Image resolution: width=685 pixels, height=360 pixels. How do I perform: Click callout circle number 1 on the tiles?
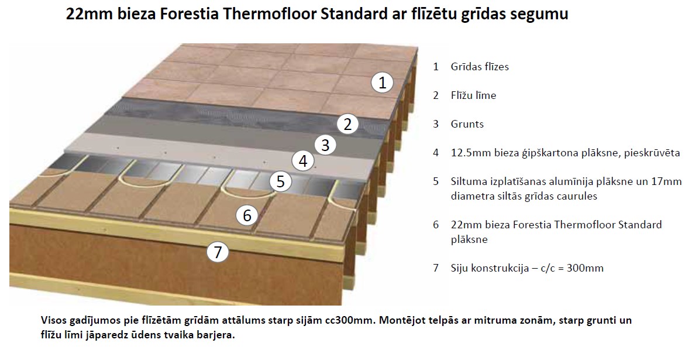382,82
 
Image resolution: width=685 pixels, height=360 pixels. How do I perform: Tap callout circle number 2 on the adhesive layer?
347,124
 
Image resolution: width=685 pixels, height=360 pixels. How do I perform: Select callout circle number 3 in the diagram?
325,145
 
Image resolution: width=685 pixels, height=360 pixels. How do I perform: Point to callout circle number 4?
303,161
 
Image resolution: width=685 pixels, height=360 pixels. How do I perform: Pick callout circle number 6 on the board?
247,215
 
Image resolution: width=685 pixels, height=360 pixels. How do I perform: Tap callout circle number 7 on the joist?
218,252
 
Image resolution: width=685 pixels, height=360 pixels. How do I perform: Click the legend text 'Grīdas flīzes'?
480,66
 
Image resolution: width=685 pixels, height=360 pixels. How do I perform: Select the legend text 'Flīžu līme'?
474,95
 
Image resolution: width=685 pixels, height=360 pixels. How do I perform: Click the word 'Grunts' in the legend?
467,124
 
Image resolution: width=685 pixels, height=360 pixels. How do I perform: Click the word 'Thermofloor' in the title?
270,13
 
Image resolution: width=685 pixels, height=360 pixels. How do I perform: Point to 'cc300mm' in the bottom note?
350,320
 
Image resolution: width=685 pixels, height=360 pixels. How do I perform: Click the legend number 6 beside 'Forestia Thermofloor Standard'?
436,225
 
